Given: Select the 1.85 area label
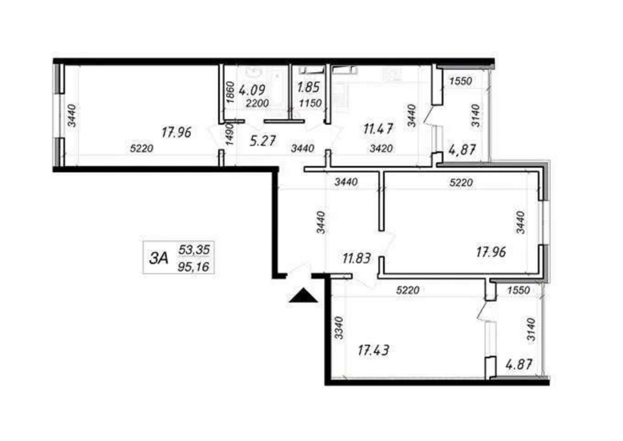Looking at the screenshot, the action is (x=309, y=87).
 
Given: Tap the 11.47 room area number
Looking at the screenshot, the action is (x=379, y=129).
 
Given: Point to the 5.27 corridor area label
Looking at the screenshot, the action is (x=263, y=141).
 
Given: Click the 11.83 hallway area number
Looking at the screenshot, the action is (x=356, y=258).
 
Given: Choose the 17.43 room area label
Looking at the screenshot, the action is (x=373, y=351).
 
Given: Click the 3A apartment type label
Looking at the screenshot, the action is (x=159, y=258).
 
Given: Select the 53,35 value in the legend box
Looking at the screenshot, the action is (x=194, y=250).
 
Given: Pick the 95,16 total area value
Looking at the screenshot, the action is (x=194, y=266).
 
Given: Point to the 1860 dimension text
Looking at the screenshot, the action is (x=229, y=93).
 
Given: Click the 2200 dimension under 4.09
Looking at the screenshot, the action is (x=257, y=104).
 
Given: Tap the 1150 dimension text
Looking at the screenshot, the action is (x=310, y=104).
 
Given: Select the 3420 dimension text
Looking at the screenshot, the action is (x=381, y=148).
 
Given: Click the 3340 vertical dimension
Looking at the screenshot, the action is (x=338, y=327).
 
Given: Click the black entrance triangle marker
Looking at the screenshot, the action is (x=303, y=296).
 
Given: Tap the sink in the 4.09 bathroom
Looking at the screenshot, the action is (x=252, y=73).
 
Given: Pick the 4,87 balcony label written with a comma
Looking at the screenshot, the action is (x=462, y=150).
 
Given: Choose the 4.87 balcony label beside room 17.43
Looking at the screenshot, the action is (x=518, y=364).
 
